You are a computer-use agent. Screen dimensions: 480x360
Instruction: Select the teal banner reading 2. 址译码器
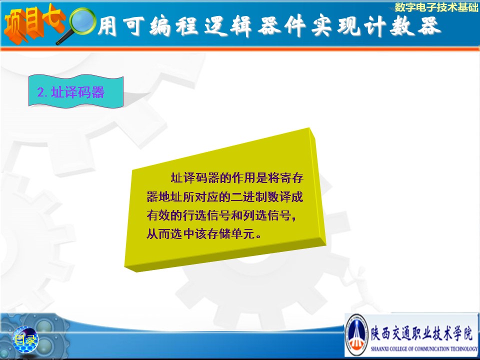[76, 91]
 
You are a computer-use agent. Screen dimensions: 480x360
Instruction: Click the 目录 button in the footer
[25, 339]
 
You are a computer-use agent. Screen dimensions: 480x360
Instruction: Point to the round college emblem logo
[356, 334]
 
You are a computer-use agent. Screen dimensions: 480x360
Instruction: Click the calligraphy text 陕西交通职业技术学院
[421, 333]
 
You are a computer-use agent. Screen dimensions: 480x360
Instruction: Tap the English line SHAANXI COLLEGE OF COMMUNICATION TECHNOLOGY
[424, 348]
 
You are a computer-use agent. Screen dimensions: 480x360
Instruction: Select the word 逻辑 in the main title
[228, 26]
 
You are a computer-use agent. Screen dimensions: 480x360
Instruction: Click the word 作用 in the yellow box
[243, 178]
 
